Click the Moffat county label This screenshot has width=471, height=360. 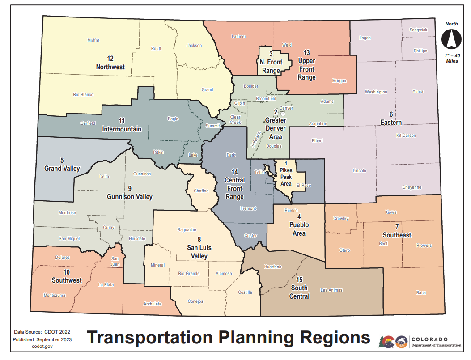[x=93, y=41]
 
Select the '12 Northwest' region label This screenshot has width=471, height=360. [x=110, y=63]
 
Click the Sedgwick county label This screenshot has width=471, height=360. [x=418, y=30]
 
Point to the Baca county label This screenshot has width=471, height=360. [x=421, y=293]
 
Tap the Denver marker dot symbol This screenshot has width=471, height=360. [x=283, y=114]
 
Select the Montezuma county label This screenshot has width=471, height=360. [x=55, y=296]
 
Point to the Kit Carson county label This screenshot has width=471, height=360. [x=406, y=135]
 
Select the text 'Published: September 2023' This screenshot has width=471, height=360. [x=43, y=339]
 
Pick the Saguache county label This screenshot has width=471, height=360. [x=187, y=230]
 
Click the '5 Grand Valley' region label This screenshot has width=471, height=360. [x=62, y=165]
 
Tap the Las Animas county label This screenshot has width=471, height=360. [x=331, y=290]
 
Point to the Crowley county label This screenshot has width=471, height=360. [x=341, y=219]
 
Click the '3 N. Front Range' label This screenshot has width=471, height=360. [x=271, y=62]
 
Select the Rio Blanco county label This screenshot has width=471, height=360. [x=83, y=95]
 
